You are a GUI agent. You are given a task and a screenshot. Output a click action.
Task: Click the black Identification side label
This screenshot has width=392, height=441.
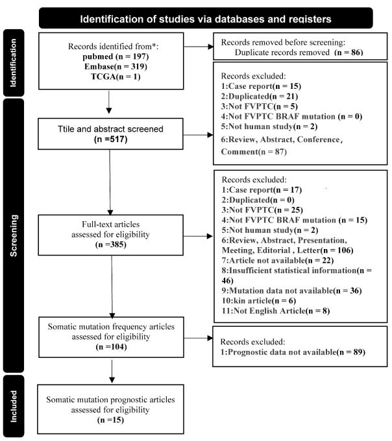[x=14, y=63]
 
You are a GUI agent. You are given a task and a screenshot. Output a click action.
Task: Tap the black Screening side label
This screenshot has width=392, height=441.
[x=14, y=235]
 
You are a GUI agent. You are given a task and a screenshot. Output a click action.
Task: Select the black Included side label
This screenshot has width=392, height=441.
[x=14, y=406]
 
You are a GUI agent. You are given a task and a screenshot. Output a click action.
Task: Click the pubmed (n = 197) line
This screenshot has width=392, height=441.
[x=116, y=56]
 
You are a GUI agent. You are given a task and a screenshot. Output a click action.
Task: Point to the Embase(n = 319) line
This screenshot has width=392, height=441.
[x=116, y=67]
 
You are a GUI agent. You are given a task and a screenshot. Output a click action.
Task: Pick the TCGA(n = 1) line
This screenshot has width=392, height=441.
[x=116, y=77]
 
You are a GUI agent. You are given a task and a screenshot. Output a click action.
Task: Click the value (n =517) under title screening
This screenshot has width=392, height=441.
[x=110, y=139]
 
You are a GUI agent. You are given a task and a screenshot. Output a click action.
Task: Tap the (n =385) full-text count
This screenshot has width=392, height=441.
[x=110, y=244]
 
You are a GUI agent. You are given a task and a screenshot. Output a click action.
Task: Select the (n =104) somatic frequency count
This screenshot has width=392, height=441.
[x=111, y=347]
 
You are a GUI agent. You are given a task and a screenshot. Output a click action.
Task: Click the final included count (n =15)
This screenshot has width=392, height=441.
[x=110, y=420]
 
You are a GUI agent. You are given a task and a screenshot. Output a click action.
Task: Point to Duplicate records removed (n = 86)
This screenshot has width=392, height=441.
[x=299, y=53]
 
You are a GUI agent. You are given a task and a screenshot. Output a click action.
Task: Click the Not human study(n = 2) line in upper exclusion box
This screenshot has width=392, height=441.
[x=269, y=126]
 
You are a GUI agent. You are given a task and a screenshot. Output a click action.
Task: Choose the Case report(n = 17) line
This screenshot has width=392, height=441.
[x=262, y=190]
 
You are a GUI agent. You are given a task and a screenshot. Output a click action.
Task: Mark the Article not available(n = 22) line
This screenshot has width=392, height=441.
[x=278, y=261]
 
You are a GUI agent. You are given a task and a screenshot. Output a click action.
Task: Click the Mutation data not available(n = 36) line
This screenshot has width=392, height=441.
[x=292, y=291]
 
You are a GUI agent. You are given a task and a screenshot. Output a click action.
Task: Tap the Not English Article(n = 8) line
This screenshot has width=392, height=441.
[x=276, y=311]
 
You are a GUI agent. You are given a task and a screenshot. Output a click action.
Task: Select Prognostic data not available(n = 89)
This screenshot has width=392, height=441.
[x=293, y=352]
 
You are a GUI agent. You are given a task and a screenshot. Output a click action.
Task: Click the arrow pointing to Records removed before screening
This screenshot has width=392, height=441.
[x=199, y=47]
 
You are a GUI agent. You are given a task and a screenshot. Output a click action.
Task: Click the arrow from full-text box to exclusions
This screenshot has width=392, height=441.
[x=198, y=236]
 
